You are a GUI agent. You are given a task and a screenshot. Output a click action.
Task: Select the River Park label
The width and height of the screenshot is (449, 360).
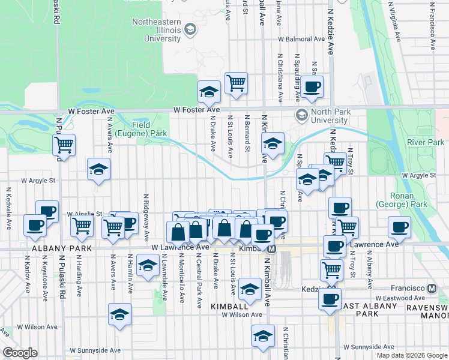(x=425, y=142)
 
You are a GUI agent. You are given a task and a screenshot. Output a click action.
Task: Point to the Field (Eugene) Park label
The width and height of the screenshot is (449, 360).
(x=141, y=128)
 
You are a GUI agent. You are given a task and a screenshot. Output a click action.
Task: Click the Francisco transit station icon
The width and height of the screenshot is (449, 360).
(x=432, y=288)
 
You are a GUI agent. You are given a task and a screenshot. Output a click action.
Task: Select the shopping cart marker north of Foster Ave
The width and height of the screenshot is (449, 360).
(x=237, y=84)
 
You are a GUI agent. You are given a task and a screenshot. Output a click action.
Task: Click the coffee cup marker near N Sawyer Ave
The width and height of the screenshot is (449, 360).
(x=312, y=86)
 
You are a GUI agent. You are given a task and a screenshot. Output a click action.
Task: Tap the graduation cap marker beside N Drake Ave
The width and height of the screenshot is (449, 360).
(x=209, y=91)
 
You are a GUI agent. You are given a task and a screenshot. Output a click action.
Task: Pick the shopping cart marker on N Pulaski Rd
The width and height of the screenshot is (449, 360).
(x=63, y=145)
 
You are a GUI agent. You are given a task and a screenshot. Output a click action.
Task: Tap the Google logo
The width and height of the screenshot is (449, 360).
(x=20, y=353)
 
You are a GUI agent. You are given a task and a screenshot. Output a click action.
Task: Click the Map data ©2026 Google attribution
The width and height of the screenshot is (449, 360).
(x=411, y=355)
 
